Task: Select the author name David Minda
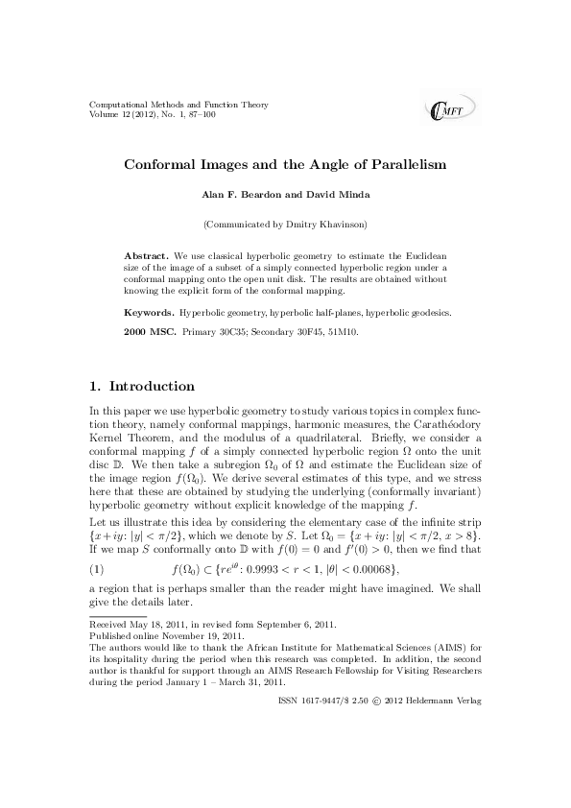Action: [x=340, y=195]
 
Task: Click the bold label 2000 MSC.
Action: [x=150, y=332]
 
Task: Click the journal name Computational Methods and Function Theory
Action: [x=178, y=105]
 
